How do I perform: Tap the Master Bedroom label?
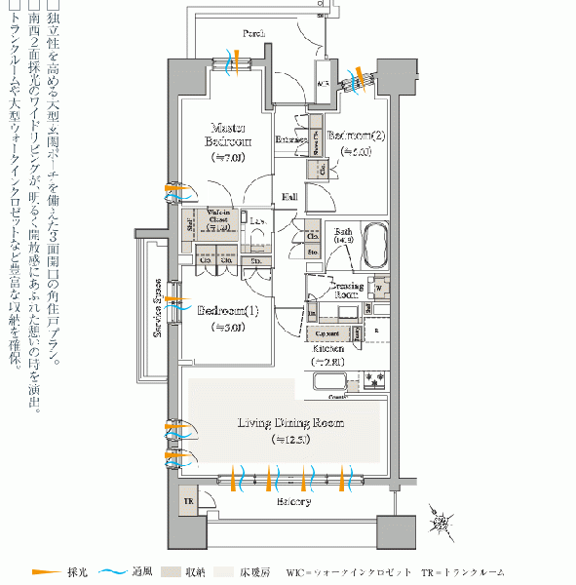(228, 135)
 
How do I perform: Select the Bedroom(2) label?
(356, 136)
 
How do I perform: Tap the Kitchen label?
(328, 348)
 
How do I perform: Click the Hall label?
(290, 197)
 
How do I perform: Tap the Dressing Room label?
(348, 290)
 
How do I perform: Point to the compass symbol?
(442, 524)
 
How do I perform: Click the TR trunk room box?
(188, 502)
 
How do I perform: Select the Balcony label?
(292, 501)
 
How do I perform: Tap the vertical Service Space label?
(156, 309)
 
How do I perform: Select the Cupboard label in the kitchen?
(328, 332)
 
